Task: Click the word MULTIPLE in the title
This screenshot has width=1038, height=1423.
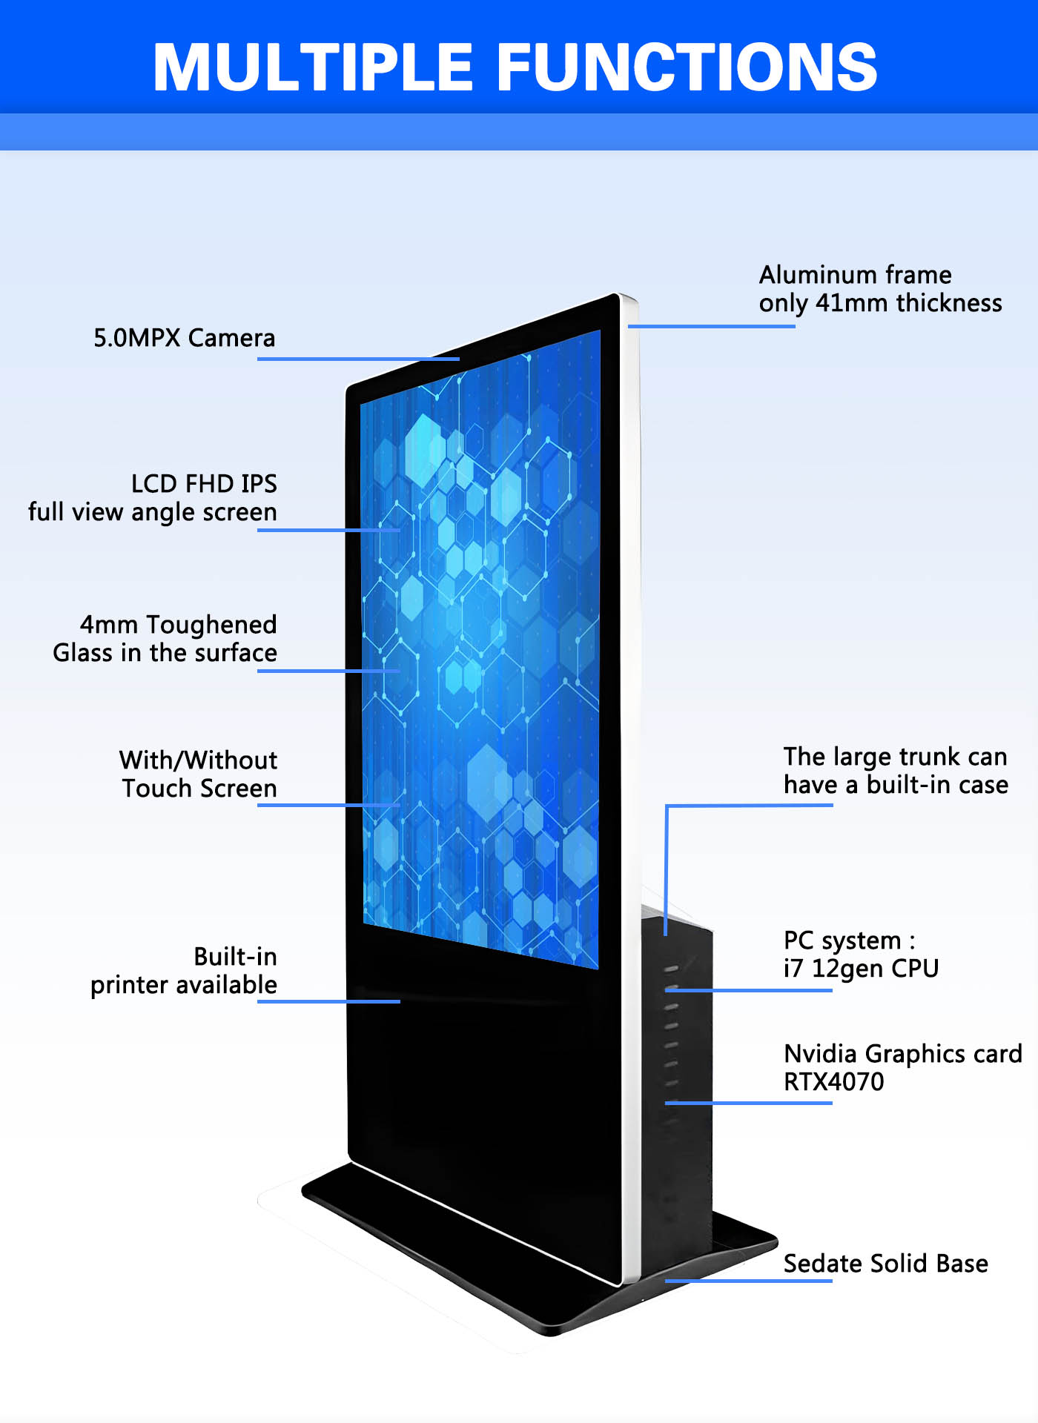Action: (312, 67)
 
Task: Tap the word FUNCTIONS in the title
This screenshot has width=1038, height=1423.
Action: (687, 67)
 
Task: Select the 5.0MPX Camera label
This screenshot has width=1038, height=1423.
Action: (184, 338)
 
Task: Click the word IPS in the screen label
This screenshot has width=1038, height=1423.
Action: (259, 484)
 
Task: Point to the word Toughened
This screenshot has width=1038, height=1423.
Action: (211, 625)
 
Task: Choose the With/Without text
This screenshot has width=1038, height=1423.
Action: (198, 760)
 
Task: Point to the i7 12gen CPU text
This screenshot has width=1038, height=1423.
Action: (861, 969)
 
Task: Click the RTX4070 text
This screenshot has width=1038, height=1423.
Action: (833, 1082)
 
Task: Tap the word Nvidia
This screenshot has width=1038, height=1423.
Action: (820, 1054)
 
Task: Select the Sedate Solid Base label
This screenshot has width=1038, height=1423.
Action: (885, 1264)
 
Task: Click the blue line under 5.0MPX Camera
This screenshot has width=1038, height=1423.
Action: (358, 359)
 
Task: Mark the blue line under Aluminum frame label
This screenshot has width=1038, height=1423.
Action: (712, 326)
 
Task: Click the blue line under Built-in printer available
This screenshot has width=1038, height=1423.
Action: (328, 1001)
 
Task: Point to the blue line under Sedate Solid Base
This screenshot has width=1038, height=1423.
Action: (749, 1281)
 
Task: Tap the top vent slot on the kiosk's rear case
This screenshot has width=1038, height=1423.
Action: (672, 969)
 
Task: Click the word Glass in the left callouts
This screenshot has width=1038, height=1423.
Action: (82, 653)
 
